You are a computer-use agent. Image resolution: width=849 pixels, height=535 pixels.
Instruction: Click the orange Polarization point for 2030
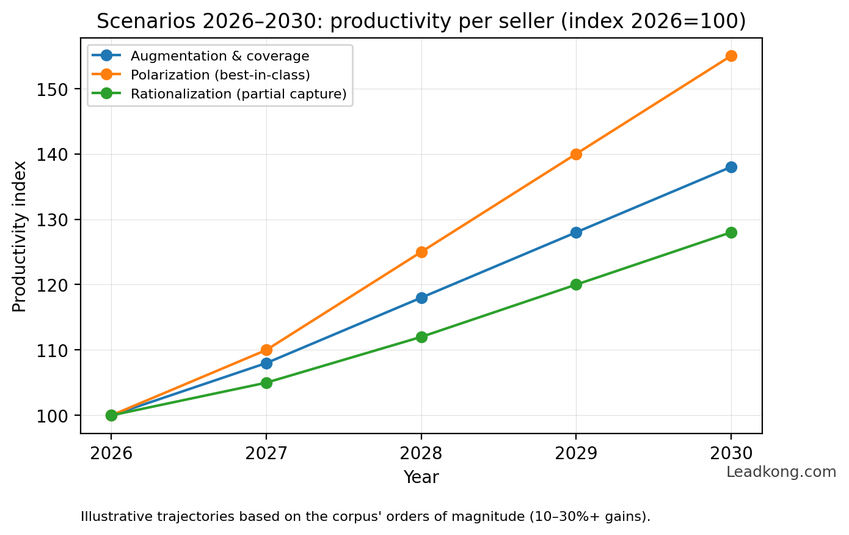(x=731, y=56)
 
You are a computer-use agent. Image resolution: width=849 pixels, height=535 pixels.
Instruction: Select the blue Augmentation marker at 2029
(x=576, y=232)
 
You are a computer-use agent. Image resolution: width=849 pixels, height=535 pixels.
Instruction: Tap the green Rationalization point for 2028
(x=421, y=337)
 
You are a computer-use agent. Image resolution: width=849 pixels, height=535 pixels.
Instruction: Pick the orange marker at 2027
(x=266, y=350)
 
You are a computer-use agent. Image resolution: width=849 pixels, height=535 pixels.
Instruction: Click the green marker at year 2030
(x=731, y=232)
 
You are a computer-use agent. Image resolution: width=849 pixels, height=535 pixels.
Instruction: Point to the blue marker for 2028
(x=421, y=298)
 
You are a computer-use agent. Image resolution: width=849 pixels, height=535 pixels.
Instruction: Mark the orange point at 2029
(x=576, y=154)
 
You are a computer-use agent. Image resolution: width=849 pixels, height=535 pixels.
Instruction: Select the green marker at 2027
(x=266, y=383)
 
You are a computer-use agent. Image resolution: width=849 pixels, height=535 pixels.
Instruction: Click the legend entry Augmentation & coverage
(x=220, y=56)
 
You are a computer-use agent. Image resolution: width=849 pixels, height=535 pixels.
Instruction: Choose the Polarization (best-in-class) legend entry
(x=220, y=75)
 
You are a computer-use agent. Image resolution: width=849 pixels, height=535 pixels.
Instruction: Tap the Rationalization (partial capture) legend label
(x=238, y=94)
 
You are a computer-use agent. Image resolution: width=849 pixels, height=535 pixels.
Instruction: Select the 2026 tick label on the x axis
(x=111, y=454)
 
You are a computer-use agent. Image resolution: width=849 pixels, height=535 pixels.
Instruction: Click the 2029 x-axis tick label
(x=576, y=454)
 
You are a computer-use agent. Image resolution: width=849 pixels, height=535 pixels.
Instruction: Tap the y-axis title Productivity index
(x=20, y=236)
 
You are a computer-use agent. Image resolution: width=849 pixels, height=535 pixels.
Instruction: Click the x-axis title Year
(x=421, y=478)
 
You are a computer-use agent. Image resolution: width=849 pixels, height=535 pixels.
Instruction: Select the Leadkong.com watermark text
(x=781, y=472)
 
